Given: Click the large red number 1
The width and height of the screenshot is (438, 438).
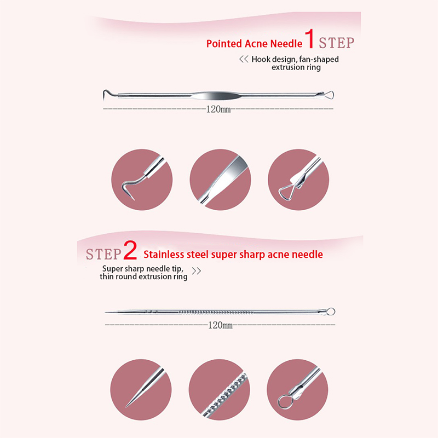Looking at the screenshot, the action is pos(309,39).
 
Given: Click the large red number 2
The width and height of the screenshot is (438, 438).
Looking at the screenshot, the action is pos(130,250).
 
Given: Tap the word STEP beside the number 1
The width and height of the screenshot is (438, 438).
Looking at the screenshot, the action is pos(337,43).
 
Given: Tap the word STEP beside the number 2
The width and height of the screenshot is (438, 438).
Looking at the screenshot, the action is pos(103,254).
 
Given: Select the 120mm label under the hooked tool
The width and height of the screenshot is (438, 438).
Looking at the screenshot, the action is pos(218,109).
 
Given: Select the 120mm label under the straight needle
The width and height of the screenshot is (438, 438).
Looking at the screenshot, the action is pos(221,325).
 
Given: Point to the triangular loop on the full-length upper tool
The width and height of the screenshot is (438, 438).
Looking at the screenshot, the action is pos(329,95).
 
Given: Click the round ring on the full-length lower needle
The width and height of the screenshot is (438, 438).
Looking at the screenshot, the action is pos(331,312).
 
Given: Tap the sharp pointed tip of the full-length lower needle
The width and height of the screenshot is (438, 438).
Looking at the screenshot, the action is pos(106,312).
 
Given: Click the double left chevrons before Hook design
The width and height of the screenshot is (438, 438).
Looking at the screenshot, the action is pos(244,59).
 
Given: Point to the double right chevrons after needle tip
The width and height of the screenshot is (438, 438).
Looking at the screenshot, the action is pos(196,270).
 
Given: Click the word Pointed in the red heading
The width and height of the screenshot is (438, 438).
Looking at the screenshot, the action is pos(224,44).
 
